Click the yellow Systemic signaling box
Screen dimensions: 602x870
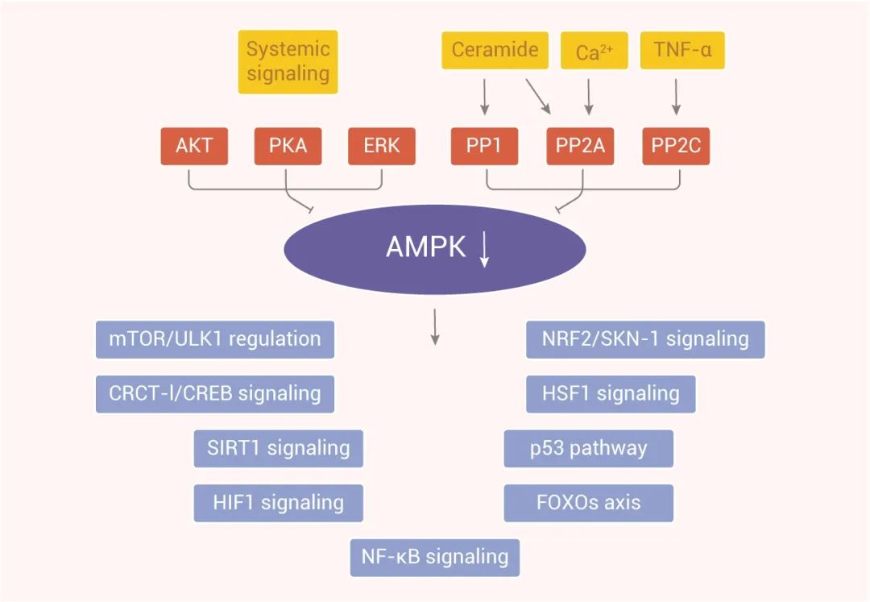[x=288, y=62]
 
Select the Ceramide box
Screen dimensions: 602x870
[x=495, y=50]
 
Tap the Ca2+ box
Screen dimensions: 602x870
[x=593, y=51]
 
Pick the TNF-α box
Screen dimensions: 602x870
[x=681, y=50]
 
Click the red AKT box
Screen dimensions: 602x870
[x=194, y=146]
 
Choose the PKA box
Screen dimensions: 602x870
[x=288, y=146]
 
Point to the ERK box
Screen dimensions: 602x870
[x=382, y=146]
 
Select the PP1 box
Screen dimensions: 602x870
[x=484, y=146]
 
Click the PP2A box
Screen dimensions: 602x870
[x=580, y=146]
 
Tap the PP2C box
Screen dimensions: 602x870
[x=676, y=146]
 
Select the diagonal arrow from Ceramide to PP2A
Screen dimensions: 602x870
[x=538, y=96]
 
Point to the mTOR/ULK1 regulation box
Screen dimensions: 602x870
[x=214, y=339]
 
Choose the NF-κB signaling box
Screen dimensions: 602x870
[x=434, y=557]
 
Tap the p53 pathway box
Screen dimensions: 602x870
[x=588, y=449]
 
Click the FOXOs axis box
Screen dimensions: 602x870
[x=588, y=503]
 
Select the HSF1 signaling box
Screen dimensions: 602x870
[x=610, y=394]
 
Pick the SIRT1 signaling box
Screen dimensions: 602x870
[x=278, y=449]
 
